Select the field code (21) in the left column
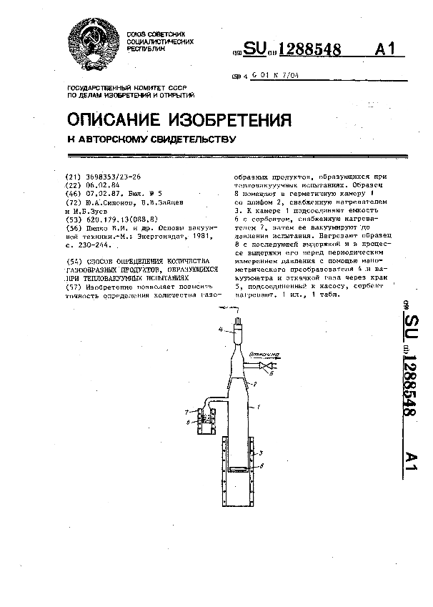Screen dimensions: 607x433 tap(73, 176)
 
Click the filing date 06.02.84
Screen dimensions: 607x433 tap(104, 184)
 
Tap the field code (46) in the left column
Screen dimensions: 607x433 tap(73, 193)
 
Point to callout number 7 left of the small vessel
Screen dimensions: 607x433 tap(186, 413)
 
